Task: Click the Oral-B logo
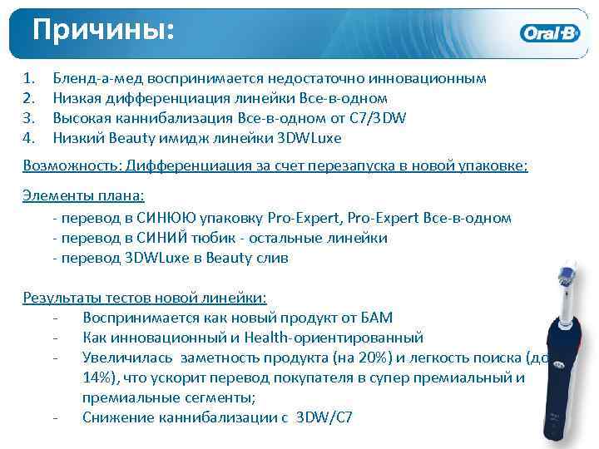(550, 34)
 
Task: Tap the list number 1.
(30, 78)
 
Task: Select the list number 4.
(30, 137)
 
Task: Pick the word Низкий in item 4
(77, 137)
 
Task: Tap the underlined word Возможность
(72, 165)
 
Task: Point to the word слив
(270, 258)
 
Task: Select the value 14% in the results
(99, 377)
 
